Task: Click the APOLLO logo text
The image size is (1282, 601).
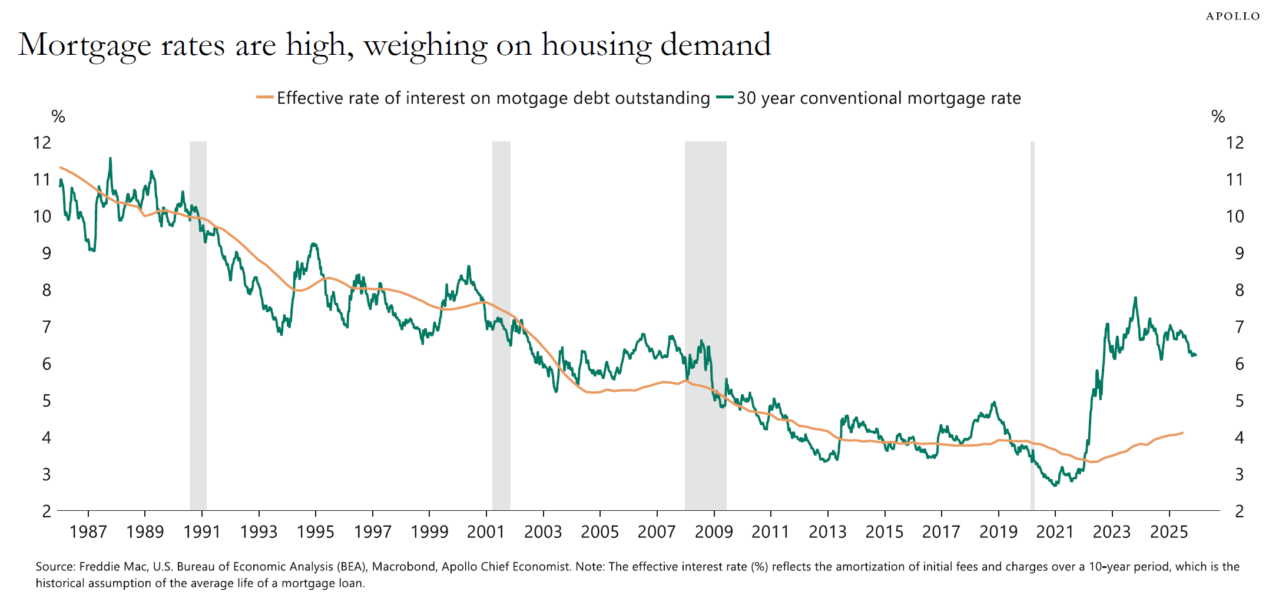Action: click(1233, 16)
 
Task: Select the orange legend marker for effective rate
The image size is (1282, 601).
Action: click(265, 98)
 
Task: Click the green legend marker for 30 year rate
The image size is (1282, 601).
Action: click(726, 98)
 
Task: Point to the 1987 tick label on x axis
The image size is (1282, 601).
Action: click(88, 532)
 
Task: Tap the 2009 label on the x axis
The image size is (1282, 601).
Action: click(713, 532)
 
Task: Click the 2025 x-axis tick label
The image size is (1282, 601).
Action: click(1168, 532)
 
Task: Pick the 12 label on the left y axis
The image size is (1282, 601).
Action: click(42, 143)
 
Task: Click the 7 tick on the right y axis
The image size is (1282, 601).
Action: click(1239, 327)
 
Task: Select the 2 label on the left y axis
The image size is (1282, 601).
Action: click(46, 511)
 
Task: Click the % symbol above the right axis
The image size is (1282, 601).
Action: click(1218, 117)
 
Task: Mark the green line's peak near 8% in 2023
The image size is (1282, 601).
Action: click(1135, 298)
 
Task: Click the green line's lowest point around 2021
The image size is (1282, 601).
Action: click(1054, 485)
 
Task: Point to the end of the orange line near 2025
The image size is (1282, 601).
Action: click(1182, 433)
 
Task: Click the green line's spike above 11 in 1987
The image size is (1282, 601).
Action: click(110, 158)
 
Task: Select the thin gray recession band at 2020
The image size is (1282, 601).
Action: click(1032, 324)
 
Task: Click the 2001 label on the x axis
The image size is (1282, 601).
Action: click(486, 532)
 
